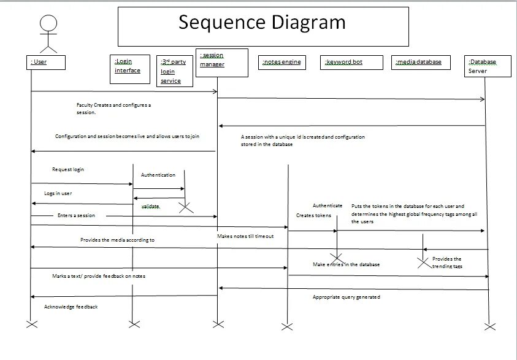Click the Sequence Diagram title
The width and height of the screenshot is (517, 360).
[262, 23]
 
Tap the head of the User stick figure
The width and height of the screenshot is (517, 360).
[48, 24]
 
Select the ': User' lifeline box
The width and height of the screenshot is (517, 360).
[47, 62]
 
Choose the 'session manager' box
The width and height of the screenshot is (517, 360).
[221, 62]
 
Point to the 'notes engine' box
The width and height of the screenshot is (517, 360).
[283, 62]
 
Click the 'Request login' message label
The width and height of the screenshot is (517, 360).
[68, 169]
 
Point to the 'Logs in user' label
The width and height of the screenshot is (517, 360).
[58, 193]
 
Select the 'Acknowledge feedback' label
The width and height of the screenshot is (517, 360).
[71, 307]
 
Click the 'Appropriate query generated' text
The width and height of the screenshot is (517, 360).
[346, 297]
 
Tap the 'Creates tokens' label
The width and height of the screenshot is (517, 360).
[313, 216]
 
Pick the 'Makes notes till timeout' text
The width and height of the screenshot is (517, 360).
[245, 236]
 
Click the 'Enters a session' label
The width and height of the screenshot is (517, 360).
[76, 216]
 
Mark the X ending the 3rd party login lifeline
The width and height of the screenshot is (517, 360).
[185, 208]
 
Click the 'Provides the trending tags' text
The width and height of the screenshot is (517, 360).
[447, 262]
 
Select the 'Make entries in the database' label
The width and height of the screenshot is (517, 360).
[346, 264]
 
